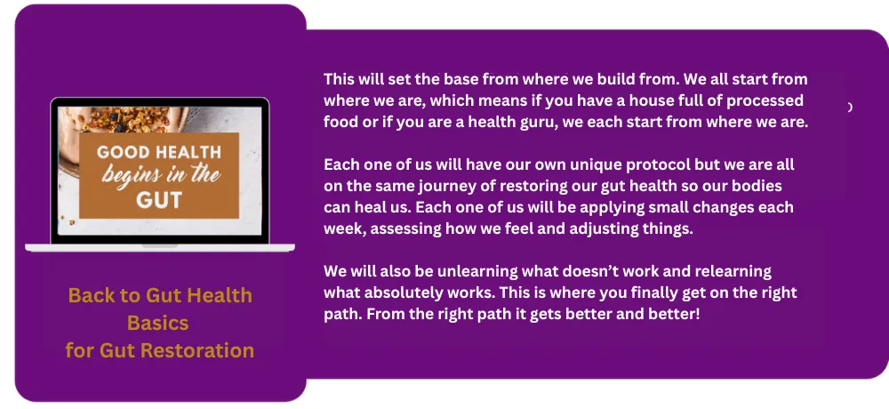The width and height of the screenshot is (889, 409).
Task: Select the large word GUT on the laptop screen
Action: (x=159, y=200)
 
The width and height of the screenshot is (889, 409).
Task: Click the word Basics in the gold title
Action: (x=157, y=323)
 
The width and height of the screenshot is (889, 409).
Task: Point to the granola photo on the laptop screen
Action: (x=160, y=171)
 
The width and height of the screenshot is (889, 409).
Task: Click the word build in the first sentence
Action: (x=572, y=79)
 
